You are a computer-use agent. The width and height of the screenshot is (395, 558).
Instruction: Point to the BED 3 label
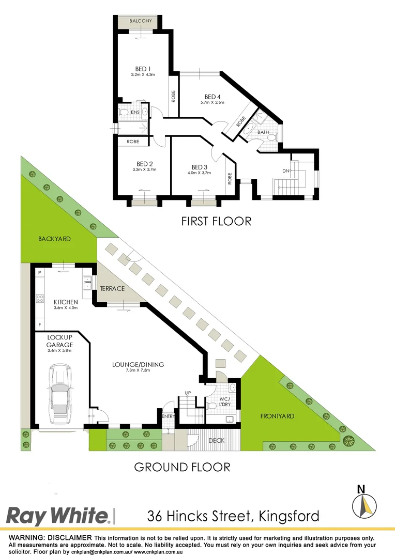(x=200, y=167)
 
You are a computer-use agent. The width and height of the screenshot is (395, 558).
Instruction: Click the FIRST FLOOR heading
(x=216, y=222)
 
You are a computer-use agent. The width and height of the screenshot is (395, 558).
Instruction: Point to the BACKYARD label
(x=54, y=239)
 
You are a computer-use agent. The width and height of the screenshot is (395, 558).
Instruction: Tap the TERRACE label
(x=112, y=288)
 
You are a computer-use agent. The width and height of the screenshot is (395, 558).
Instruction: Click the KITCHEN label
(x=66, y=302)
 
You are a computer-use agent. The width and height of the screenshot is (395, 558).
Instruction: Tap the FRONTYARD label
(x=277, y=415)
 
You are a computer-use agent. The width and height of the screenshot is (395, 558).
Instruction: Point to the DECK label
(x=215, y=441)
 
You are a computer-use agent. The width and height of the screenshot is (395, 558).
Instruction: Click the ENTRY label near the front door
(x=168, y=416)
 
